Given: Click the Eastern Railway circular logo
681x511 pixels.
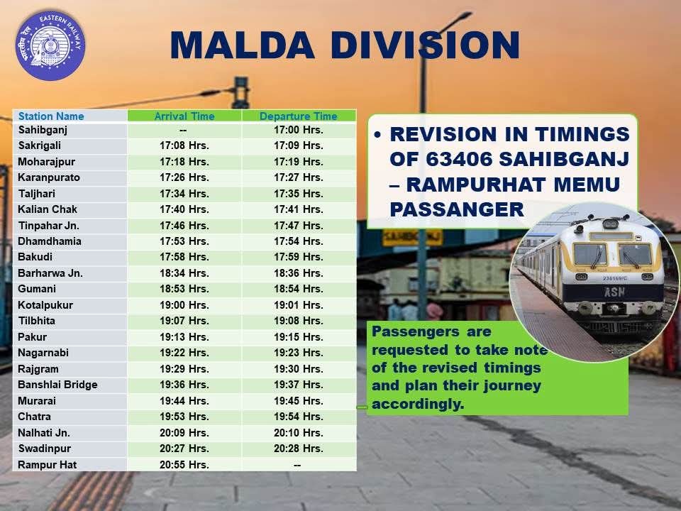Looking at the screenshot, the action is [50, 45].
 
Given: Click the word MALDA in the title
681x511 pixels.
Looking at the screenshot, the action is [243, 45].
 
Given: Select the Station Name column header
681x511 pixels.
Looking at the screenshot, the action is [51, 116].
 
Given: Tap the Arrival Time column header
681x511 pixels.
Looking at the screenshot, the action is [184, 116].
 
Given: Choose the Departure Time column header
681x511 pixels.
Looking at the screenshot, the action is [299, 116].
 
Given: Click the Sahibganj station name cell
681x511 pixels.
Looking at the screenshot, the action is [43, 130].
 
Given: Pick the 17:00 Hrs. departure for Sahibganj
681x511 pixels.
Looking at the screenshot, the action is [299, 130].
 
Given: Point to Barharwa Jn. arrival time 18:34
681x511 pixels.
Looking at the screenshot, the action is [184, 273].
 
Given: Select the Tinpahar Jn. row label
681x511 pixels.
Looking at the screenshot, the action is [48, 226].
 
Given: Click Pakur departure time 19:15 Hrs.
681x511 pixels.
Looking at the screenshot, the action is [299, 336].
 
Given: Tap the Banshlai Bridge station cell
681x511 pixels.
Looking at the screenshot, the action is [57, 385].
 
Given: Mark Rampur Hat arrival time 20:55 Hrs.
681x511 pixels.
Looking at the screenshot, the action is [184, 464].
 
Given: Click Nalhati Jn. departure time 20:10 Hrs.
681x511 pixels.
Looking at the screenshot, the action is [299, 433].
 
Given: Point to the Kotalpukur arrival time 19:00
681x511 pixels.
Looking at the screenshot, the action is [184, 305].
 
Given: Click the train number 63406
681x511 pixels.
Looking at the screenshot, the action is [458, 159].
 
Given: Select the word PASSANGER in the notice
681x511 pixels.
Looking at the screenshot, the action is [457, 209].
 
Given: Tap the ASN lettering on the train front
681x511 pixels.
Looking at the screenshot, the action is [614, 292].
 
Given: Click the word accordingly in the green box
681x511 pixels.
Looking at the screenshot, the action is [418, 404].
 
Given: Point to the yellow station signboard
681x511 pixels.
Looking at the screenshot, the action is [413, 237].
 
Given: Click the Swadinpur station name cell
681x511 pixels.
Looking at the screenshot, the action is [44, 449].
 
